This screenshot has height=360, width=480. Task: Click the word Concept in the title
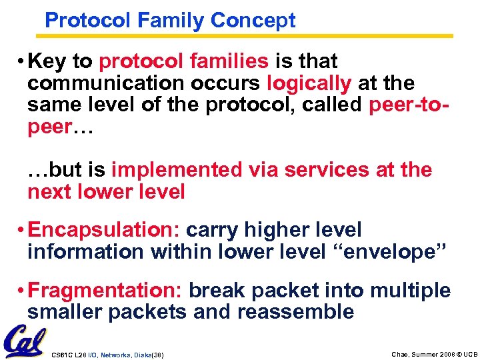[x=253, y=20]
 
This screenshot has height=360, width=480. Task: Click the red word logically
[x=309, y=83]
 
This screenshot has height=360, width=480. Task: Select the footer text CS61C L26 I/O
[x=77, y=353]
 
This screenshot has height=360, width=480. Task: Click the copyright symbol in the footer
[x=457, y=353]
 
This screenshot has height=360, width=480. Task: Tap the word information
[x=85, y=252]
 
